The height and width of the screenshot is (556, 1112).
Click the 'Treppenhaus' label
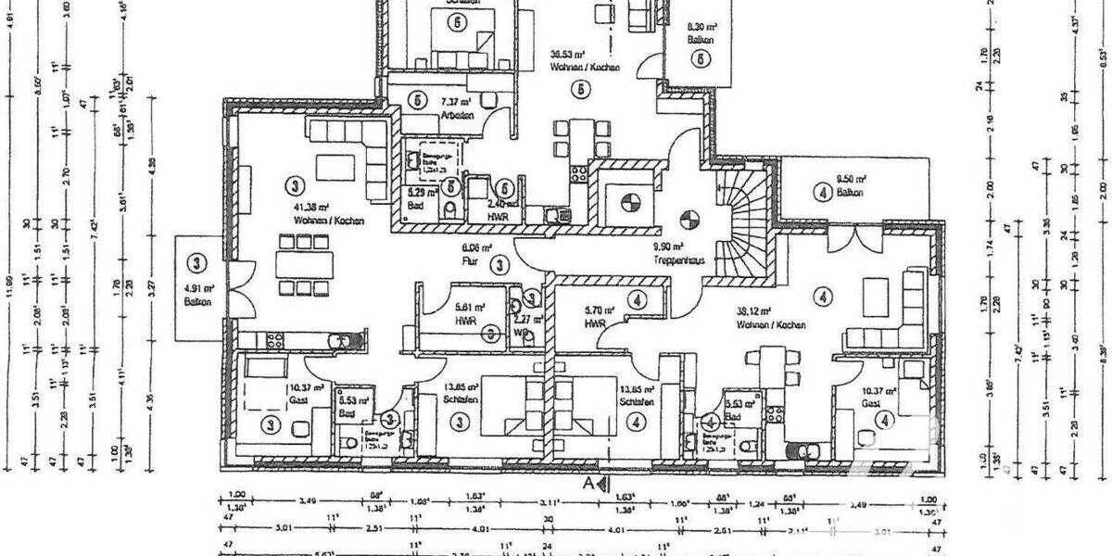tap(680, 260)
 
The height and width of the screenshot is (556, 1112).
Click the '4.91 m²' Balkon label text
tap(196, 288)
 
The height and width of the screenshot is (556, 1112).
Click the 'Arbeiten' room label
tap(457, 116)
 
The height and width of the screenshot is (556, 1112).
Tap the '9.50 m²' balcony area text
tap(849, 179)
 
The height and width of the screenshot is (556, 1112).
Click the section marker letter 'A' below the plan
tap(587, 484)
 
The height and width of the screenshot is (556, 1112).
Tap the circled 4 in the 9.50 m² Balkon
tap(821, 193)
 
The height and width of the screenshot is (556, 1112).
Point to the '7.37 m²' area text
tap(456, 102)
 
